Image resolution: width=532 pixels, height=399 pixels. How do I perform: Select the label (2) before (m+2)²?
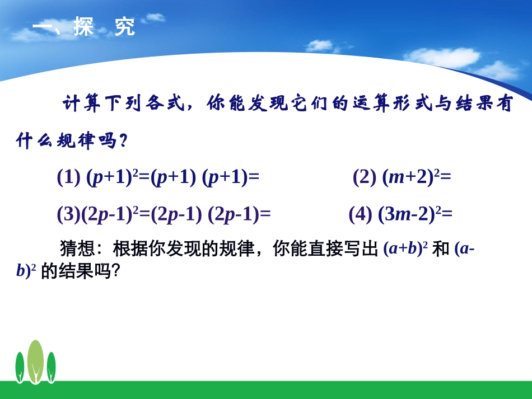(365, 177)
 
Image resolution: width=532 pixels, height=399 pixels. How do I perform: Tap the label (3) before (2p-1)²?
(69, 214)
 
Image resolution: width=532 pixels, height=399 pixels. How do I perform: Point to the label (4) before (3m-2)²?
(361, 214)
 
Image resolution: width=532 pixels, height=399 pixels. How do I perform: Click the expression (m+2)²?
(411, 177)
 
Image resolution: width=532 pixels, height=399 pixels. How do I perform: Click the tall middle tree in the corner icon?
(35, 362)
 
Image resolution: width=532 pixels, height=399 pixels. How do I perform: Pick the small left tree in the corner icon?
(20, 367)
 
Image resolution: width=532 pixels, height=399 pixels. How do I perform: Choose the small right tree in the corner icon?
(51, 367)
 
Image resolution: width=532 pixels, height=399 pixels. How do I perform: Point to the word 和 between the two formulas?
(441, 249)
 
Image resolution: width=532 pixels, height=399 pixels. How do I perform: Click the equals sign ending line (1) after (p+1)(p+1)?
(254, 177)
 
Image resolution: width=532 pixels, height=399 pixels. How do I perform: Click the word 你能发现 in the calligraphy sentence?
(246, 104)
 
